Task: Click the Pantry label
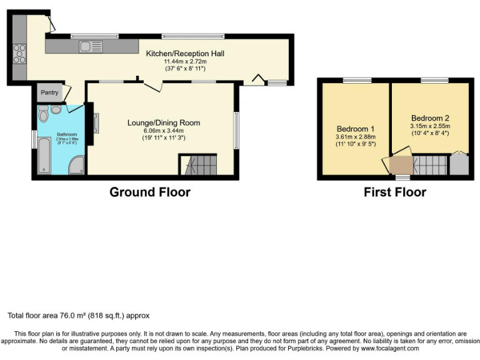(x=50, y=93)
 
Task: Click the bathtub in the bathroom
(x=44, y=156)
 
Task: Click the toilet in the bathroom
(x=43, y=114)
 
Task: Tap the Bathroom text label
(x=67, y=134)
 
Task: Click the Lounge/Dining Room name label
(x=164, y=122)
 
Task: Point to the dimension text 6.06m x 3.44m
(x=164, y=130)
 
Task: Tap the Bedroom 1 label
(x=354, y=129)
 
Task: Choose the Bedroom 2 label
(x=430, y=117)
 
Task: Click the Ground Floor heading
(x=150, y=192)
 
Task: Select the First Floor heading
(x=395, y=192)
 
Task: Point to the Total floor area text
(x=78, y=316)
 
